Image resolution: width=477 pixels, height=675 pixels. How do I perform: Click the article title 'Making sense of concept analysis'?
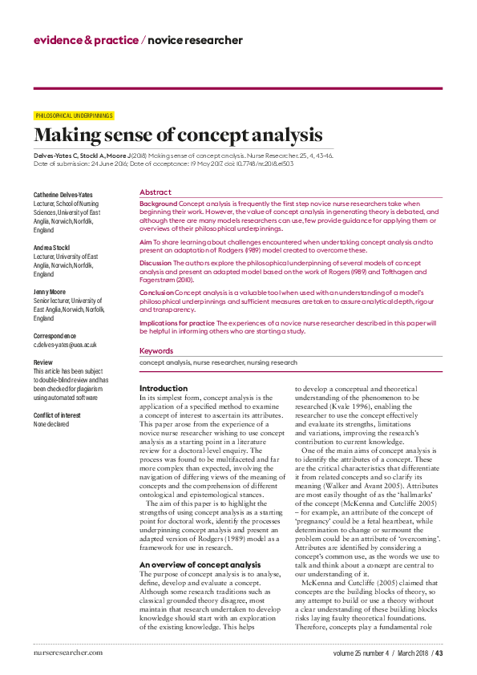178,135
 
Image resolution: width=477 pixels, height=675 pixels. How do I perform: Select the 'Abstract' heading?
155,192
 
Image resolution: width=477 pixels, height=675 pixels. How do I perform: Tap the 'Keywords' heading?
156,351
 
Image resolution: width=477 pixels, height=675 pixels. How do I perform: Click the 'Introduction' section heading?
164,389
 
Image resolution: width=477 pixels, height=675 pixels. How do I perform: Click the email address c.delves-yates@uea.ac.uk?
65,345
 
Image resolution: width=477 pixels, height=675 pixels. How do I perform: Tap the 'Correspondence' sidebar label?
55,335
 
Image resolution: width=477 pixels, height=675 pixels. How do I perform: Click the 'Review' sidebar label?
43,362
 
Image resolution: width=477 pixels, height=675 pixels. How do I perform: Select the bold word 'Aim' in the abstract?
145,241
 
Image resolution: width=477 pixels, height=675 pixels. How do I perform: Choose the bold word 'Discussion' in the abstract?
156,263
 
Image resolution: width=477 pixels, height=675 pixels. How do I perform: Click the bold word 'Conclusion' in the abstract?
156,293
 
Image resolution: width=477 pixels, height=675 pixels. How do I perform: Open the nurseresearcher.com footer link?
68,653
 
